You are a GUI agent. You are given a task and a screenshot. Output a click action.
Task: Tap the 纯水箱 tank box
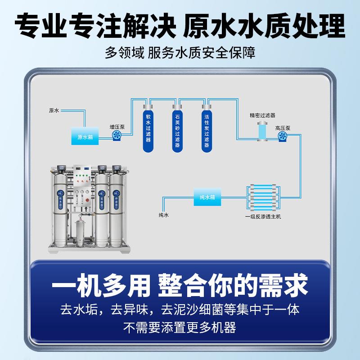pyautogui.click(x=207, y=197)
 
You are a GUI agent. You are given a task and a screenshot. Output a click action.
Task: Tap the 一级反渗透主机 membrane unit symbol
pyautogui.click(x=263, y=196)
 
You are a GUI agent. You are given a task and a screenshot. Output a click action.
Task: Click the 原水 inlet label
pyautogui.click(x=54, y=110)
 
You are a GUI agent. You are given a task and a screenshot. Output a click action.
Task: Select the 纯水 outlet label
pyautogui.click(x=164, y=215)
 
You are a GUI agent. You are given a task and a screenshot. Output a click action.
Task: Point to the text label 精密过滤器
pyautogui.click(x=262, y=115)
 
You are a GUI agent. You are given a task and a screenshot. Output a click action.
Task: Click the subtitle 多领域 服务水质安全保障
pyautogui.click(x=180, y=53)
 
